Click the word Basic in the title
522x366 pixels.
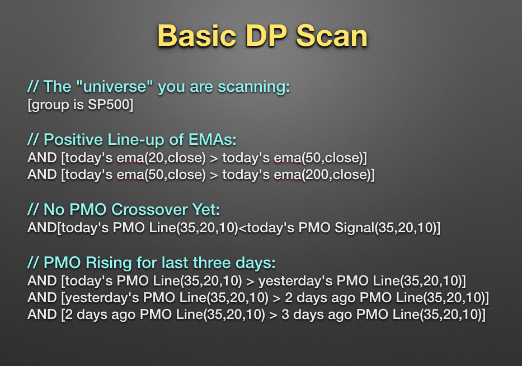click(197, 36)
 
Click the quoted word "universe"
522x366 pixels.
click(114, 87)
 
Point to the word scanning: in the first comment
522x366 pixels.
click(253, 87)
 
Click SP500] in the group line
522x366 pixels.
click(111, 105)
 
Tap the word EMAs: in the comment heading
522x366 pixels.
click(213, 139)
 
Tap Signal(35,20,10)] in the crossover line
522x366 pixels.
click(387, 228)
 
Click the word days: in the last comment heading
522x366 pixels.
click(256, 264)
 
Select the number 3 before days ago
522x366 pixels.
click(285, 315)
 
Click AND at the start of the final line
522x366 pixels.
click(42, 315)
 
